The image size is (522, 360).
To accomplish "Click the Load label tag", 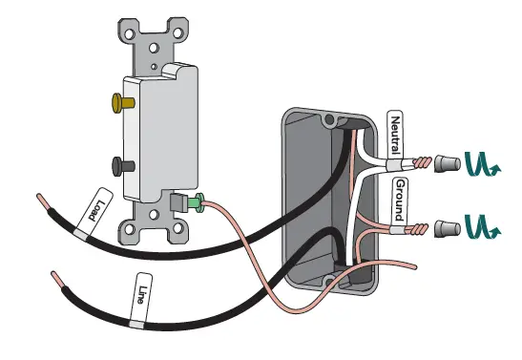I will [x=98, y=207].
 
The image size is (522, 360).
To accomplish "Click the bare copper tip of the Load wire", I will [x=46, y=203].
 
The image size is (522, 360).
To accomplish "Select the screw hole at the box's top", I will [x=330, y=121].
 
